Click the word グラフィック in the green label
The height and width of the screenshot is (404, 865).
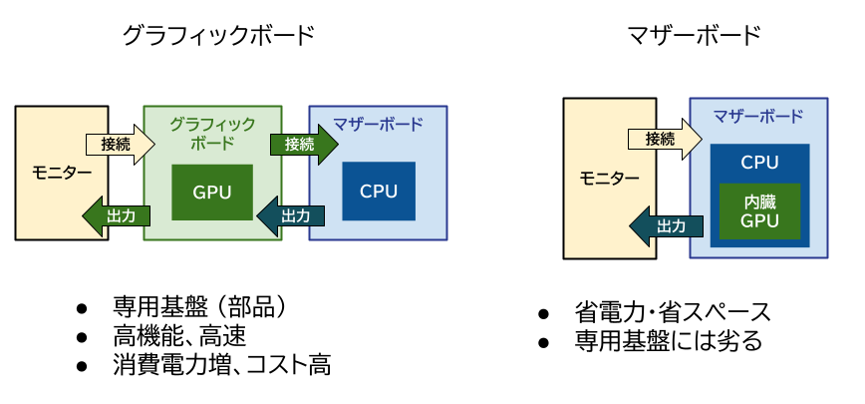coord(212,124)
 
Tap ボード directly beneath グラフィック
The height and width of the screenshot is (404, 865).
coord(212,142)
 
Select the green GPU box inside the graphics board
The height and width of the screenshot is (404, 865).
coord(212,192)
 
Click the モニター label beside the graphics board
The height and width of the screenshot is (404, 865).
coord(62,173)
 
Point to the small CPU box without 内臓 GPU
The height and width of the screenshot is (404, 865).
coord(379,191)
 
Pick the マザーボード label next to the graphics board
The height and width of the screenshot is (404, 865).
coord(379,124)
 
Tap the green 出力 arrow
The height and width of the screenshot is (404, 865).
coord(116,215)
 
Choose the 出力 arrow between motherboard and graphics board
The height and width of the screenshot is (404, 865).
coord(291,215)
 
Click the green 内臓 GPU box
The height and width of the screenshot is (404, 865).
coord(759,210)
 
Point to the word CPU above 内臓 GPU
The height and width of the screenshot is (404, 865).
coord(759,163)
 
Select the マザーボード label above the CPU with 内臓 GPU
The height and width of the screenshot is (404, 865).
coord(758,115)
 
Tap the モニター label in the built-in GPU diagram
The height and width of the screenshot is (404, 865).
coord(610,178)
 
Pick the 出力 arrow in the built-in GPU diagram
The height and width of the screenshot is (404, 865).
coord(665,225)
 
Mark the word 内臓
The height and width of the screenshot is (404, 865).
coord(759,202)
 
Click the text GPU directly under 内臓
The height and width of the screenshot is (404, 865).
coord(759,220)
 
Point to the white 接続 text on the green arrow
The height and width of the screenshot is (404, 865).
coord(299,144)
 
